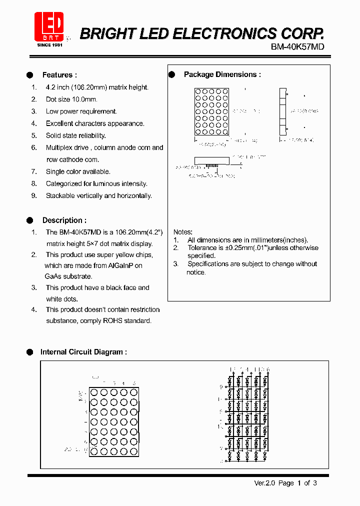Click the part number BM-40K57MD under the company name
click(297, 47)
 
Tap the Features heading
click(59, 75)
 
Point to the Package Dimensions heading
click(222, 74)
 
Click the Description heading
click(64, 220)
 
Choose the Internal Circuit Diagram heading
click(83, 352)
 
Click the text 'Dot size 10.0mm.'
click(71, 99)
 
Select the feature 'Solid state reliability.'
click(75, 135)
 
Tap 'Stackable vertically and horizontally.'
click(98, 195)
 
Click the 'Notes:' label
click(182, 232)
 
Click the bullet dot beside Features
click(29, 75)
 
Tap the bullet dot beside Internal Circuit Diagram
click(29, 352)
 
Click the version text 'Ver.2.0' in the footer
click(264, 483)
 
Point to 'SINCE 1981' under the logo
click(49, 45)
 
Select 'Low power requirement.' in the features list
click(81, 111)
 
